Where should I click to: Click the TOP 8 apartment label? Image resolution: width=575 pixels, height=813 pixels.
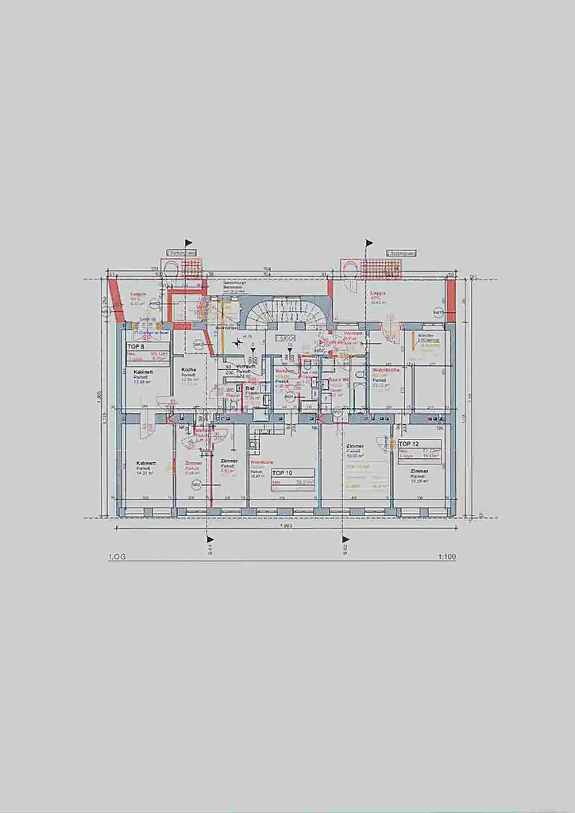click(136, 347)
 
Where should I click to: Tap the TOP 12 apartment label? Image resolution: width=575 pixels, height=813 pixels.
click(409, 443)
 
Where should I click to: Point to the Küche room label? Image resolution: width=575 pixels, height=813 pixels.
click(188, 370)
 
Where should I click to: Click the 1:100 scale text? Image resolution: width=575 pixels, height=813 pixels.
click(446, 557)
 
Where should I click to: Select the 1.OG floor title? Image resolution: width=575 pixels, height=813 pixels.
click(116, 557)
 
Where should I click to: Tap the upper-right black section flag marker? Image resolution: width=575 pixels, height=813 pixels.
click(369, 243)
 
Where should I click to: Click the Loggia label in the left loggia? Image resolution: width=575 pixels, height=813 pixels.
click(140, 293)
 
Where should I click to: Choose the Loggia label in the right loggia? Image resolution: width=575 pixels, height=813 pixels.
click(378, 292)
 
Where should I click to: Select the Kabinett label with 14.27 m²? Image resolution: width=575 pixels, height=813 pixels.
click(145, 463)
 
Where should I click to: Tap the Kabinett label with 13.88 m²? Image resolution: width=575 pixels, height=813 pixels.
click(144, 372)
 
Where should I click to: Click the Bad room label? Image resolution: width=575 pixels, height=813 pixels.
click(249, 388)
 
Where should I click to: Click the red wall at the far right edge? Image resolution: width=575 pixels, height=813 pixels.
click(451, 299)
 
